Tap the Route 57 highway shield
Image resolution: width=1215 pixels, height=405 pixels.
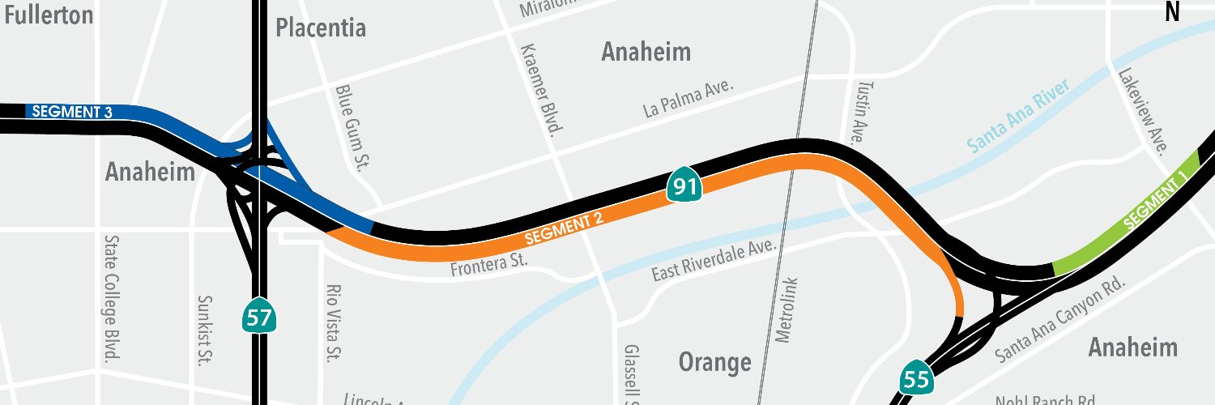click(259, 316)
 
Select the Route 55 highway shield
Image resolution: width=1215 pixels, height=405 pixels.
click(917, 377)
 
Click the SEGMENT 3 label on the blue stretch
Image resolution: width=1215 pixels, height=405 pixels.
click(72, 112)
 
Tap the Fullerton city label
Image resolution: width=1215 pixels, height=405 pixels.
click(48, 15)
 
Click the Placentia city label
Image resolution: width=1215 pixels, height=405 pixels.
click(321, 28)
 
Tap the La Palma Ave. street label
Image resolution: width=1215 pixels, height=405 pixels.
click(688, 98)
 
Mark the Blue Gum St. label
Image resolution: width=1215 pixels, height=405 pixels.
click(352, 126)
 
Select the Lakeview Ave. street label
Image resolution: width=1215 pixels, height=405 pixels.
click(1142, 110)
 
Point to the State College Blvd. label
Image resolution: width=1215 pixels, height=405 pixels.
click(112, 298)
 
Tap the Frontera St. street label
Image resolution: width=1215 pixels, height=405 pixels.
click(489, 264)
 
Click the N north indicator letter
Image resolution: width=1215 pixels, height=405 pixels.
click(1172, 11)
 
